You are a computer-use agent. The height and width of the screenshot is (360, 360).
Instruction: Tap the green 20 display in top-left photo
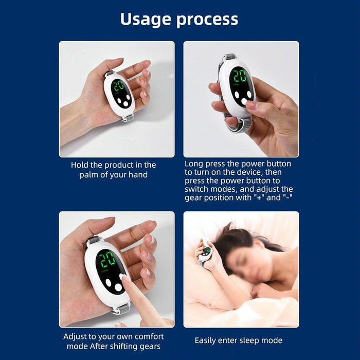[119, 85]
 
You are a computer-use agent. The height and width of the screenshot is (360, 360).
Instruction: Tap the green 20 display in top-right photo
[238, 77]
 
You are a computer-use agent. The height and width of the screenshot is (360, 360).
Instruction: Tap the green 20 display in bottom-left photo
[106, 260]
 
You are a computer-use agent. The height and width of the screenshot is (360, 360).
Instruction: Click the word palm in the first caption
[88, 175]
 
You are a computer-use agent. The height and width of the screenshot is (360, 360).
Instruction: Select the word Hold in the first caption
[80, 165]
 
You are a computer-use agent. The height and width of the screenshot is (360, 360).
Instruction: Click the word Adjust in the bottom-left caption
[76, 336]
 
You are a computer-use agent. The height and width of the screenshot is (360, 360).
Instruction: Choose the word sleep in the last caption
[248, 340]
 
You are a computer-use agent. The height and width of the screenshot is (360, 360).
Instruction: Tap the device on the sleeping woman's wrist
[206, 251]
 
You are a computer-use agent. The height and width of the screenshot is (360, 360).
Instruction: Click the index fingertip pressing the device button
[124, 278]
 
